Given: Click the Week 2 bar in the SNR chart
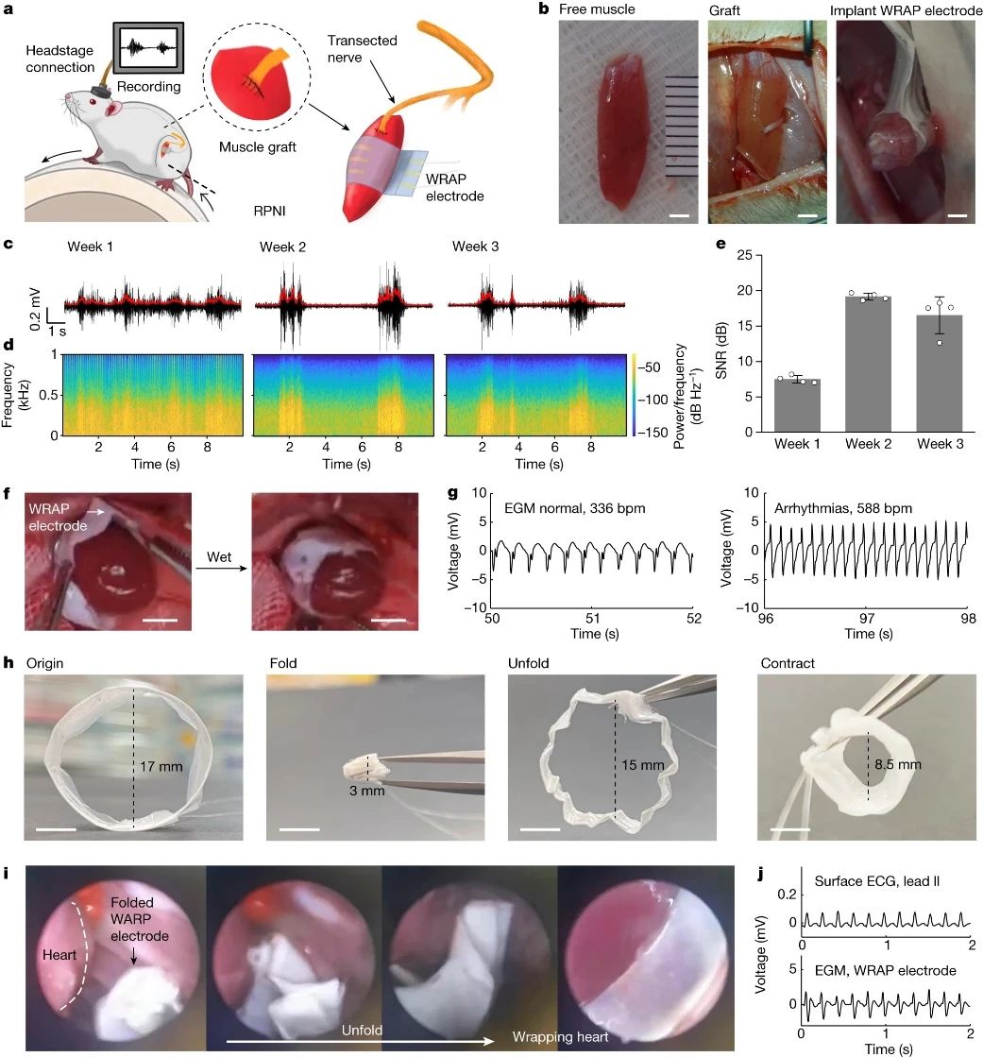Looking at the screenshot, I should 868,364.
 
